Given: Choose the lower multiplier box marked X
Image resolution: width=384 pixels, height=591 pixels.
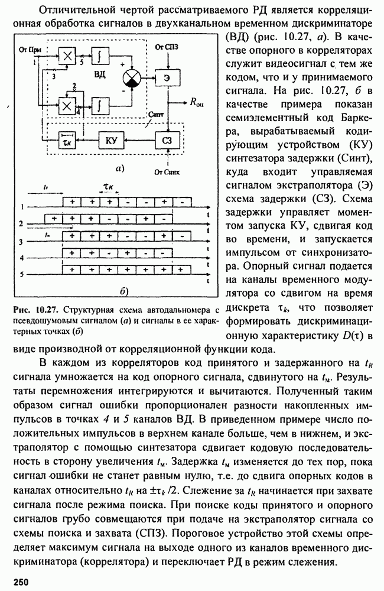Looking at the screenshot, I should [66, 105].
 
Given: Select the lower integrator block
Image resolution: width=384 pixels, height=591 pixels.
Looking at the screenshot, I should [100, 105].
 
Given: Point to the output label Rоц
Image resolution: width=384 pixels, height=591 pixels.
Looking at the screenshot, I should [197, 103].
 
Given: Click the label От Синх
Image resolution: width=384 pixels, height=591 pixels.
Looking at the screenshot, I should [167, 171].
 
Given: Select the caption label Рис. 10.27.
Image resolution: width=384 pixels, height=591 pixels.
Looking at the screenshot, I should [37, 309].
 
